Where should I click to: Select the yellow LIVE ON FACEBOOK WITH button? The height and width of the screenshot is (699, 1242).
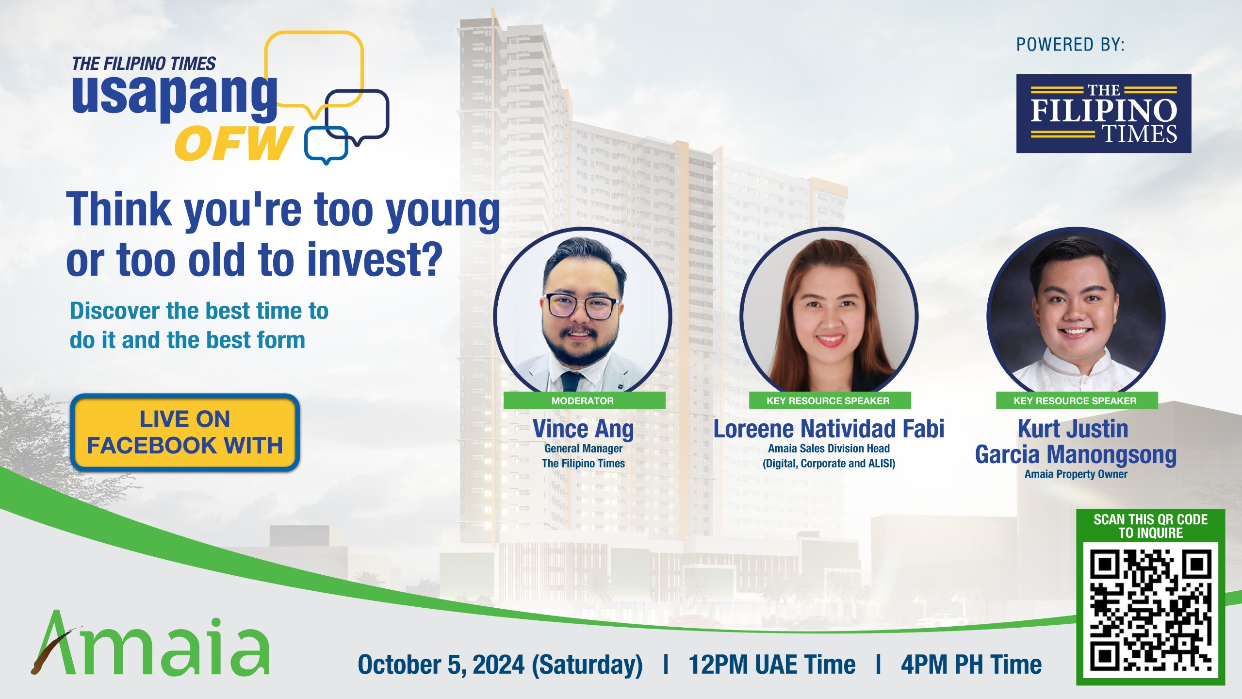[185, 432]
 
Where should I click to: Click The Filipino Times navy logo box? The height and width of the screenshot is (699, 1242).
[1103, 114]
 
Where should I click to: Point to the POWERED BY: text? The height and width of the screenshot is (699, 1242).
[1070, 45]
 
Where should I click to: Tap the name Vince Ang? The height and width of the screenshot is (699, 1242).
[583, 429]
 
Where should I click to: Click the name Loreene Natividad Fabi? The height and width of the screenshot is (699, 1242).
[828, 429]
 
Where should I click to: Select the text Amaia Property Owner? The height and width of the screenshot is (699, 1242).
[1076, 474]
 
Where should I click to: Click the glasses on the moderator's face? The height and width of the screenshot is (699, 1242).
[581, 306]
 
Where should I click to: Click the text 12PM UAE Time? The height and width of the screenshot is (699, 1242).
[771, 665]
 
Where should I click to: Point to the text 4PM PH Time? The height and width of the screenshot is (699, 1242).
[971, 665]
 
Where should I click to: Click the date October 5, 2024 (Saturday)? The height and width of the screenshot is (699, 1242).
[500, 665]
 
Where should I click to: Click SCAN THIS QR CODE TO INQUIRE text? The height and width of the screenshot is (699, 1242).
[1150, 526]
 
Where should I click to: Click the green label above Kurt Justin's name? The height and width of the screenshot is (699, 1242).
[1076, 400]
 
